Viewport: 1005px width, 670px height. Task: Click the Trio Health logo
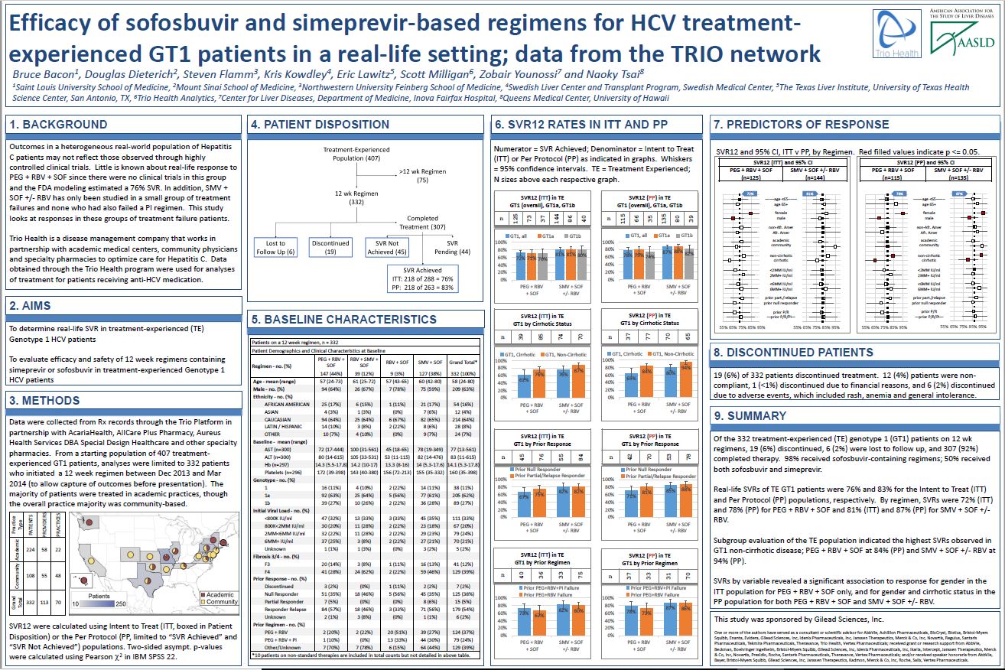pos(896,34)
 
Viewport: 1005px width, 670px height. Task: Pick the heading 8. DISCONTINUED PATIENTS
pos(792,353)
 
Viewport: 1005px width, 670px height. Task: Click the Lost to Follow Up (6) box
pos(275,247)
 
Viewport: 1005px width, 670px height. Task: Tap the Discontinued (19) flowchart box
pos(330,247)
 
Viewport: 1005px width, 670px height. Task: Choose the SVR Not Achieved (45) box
pos(386,247)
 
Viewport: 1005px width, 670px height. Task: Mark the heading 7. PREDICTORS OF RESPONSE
pos(801,124)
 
